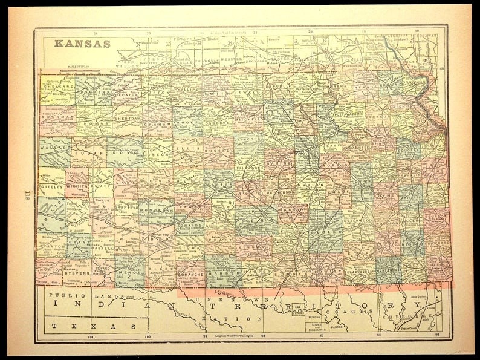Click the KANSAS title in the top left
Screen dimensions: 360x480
tap(82, 44)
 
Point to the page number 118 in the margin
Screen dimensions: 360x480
tap(27, 195)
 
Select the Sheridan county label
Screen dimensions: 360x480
tap(127, 120)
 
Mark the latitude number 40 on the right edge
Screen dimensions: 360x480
tap(443, 68)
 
